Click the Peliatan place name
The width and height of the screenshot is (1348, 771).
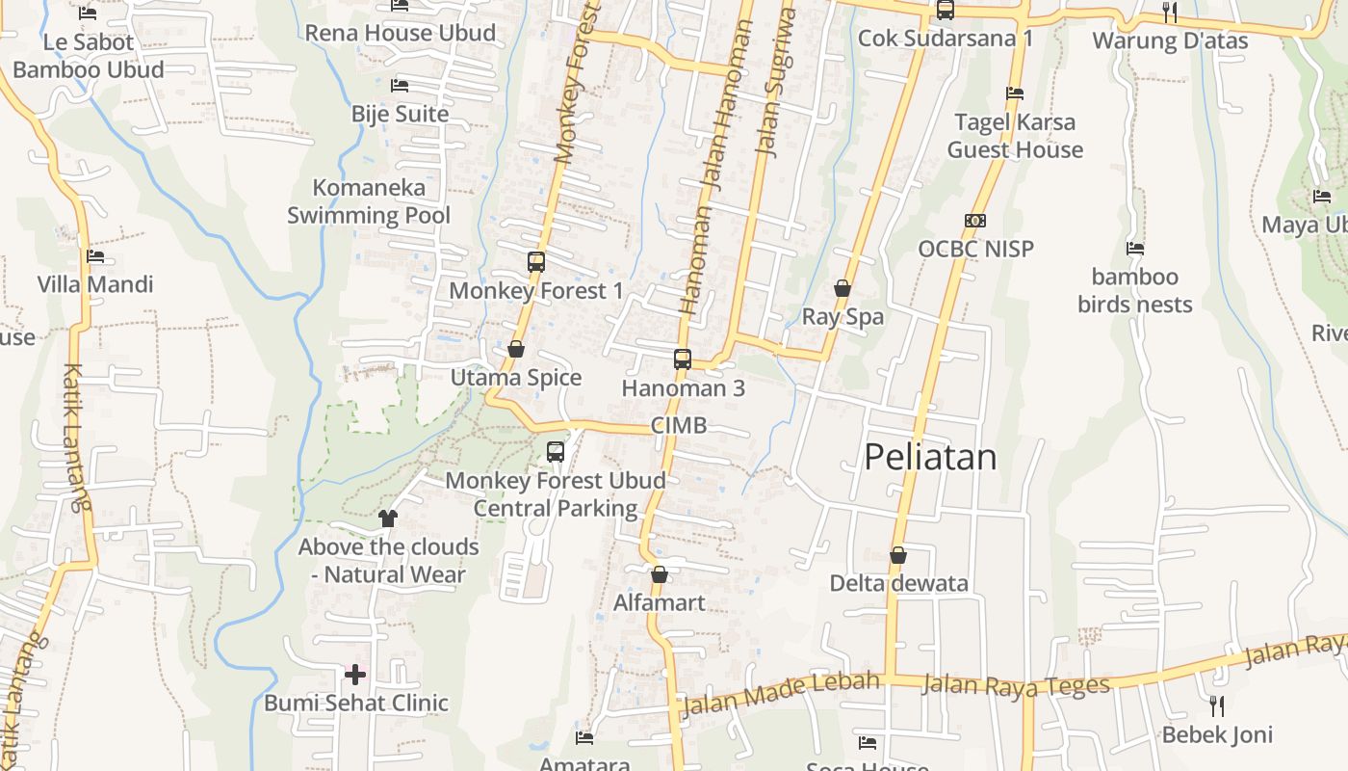930,457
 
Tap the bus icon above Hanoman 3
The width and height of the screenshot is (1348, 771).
683,359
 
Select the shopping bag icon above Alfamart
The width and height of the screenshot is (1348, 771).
660,574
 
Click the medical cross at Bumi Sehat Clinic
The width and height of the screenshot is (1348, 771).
355,675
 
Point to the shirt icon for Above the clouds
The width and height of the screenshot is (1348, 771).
388,518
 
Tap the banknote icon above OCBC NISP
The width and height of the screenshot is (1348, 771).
975,221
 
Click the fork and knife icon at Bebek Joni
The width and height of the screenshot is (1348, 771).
1217,706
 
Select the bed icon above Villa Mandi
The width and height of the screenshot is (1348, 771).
94,256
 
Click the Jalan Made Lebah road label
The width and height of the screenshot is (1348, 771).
780,694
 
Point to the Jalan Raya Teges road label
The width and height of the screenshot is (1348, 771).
1016,685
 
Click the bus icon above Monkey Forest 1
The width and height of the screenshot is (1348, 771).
536,261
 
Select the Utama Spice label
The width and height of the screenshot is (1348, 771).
516,378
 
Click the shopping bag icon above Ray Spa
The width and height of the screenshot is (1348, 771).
842,288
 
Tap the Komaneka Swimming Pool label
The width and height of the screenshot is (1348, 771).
369,200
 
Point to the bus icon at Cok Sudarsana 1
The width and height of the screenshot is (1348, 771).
946,11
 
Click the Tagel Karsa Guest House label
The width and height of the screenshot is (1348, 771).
1015,136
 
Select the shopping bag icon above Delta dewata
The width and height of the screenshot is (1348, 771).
898,555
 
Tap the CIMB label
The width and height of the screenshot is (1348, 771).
679,425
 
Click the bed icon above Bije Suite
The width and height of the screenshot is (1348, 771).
400,85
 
